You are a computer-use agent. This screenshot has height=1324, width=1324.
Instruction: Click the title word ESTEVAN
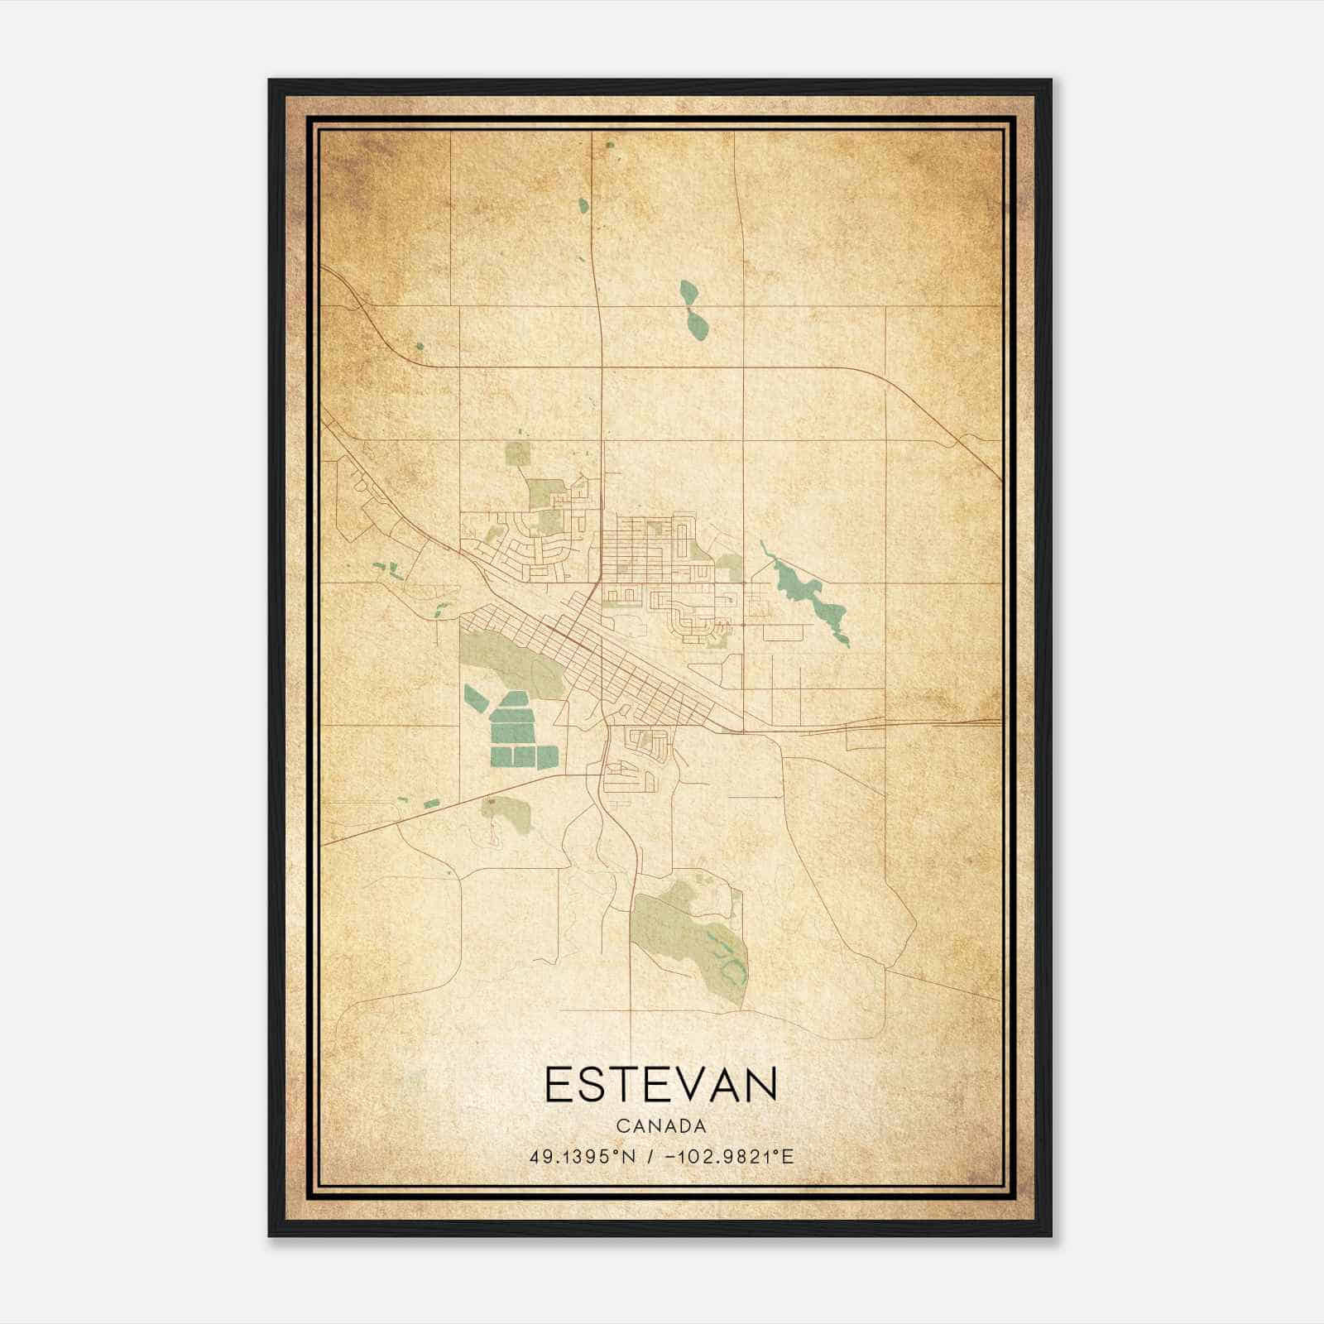[x=661, y=1085]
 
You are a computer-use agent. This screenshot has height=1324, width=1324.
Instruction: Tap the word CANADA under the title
[x=661, y=1126]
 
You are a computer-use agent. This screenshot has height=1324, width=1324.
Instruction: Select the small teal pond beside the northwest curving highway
[x=420, y=347]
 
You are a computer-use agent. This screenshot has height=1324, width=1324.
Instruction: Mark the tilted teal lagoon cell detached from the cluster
[x=475, y=699]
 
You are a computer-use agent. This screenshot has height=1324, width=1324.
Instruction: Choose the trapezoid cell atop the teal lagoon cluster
[x=513, y=699]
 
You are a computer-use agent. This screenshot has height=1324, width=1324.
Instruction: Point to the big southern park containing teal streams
[x=691, y=943]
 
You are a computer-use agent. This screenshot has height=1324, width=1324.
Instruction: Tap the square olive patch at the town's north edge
[x=518, y=453]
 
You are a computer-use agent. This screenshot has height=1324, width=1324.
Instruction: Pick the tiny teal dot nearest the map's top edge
[x=610, y=145]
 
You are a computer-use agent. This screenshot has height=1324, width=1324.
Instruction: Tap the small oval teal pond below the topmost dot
[x=583, y=204]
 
